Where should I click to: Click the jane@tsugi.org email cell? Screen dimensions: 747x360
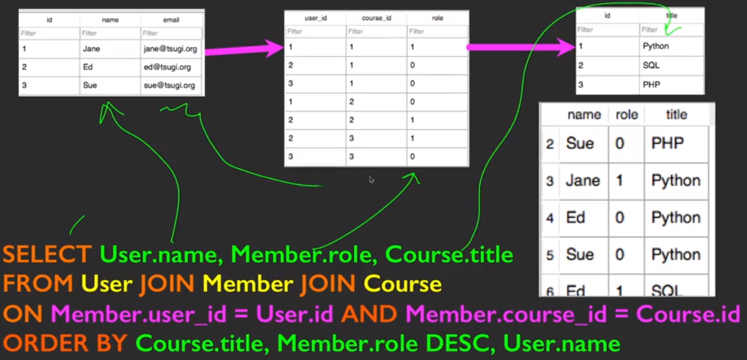[x=170, y=49]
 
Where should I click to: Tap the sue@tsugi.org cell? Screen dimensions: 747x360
[x=170, y=85]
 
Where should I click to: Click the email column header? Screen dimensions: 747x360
[x=171, y=19]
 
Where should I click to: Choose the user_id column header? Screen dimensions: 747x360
[x=316, y=18]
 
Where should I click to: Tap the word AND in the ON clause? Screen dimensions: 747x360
[x=368, y=314]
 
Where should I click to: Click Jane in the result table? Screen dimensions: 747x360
[x=582, y=180]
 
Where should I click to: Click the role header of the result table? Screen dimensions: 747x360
[x=626, y=115]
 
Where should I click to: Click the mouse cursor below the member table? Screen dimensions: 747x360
[x=372, y=180]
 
